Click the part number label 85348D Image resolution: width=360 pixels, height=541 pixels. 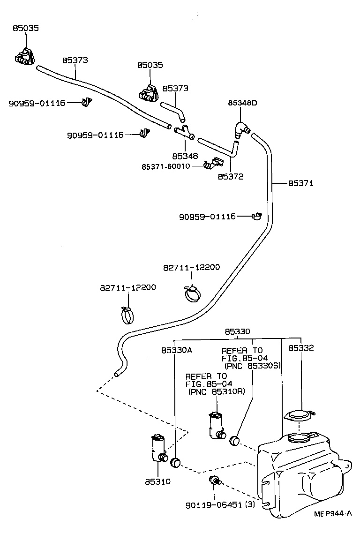coord(242,102)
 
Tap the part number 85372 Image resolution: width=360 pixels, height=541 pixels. coord(231,177)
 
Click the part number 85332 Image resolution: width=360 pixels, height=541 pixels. coord(301,348)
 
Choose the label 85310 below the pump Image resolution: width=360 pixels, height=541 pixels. coord(157,481)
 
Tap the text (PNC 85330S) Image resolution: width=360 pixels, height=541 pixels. coord(252,366)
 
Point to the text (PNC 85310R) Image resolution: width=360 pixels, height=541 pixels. coord(216,392)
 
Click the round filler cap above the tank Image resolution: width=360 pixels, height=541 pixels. coord(298,415)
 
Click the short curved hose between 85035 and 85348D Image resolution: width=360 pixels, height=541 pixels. coord(174,111)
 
